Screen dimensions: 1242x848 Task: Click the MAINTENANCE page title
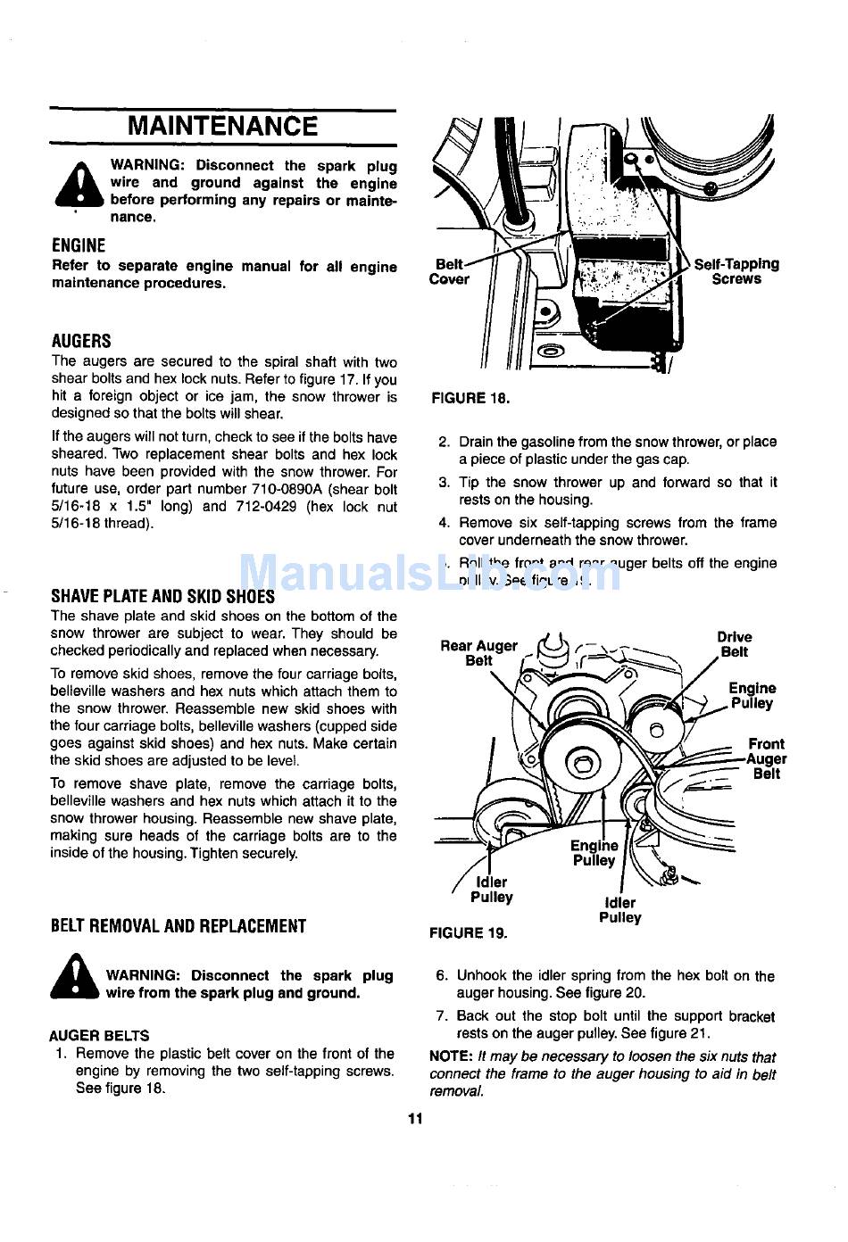click(222, 126)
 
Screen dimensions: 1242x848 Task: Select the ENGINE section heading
click(79, 245)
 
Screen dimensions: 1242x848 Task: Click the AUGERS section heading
click(81, 341)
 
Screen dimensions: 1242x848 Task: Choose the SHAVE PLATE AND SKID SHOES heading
click(162, 596)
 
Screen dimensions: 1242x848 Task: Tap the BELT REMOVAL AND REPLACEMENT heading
click(179, 926)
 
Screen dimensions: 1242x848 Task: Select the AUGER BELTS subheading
click(99, 1036)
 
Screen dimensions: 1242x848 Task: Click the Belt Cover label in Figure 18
click(449, 271)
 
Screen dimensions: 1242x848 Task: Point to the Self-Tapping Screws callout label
click(736, 271)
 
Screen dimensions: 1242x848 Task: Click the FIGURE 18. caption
click(470, 398)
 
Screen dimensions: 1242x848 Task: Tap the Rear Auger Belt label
click(478, 653)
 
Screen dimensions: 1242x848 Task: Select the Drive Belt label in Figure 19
click(734, 644)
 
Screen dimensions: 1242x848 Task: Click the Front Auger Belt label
click(766, 758)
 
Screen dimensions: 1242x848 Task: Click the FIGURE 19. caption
click(469, 933)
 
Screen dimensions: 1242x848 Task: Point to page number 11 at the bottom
click(414, 1119)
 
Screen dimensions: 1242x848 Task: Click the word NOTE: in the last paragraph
click(451, 1056)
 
